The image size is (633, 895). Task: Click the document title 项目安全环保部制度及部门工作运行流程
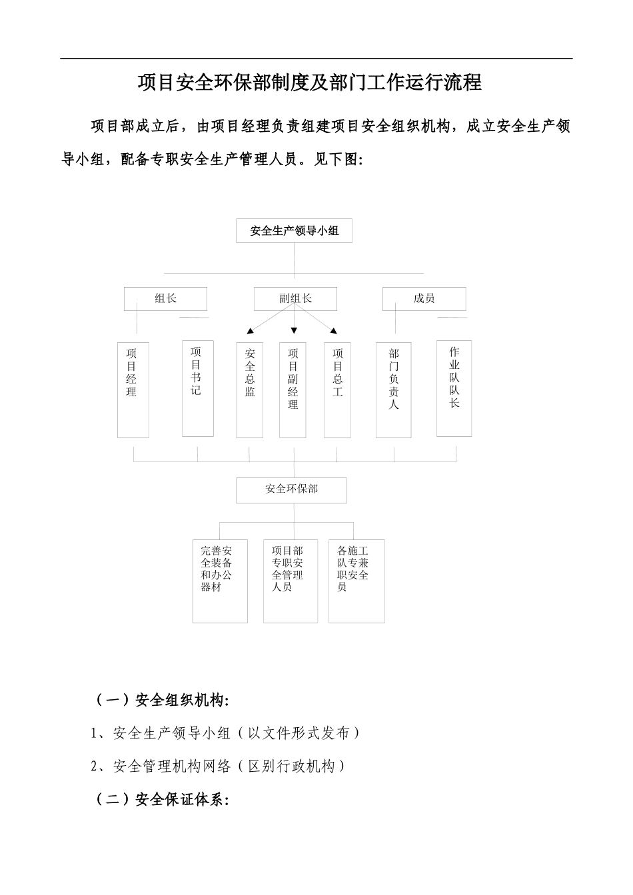[x=309, y=83]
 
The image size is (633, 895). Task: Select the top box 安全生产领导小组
[x=294, y=231]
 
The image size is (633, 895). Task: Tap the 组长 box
[x=165, y=299]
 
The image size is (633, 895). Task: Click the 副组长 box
[x=295, y=299]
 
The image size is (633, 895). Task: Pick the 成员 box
[x=424, y=299]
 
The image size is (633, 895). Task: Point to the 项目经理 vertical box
[x=133, y=390]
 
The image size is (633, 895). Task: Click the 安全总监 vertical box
[x=250, y=390]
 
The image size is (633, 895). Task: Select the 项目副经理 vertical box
[x=293, y=390]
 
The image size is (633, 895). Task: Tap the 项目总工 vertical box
[x=337, y=390]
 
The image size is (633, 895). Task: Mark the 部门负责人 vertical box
[x=393, y=390]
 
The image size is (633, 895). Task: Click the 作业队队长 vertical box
[x=454, y=388]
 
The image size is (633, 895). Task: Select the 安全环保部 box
[x=291, y=489]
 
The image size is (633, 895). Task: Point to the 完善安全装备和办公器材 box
[x=220, y=581]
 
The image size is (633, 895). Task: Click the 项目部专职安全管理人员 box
[x=290, y=581]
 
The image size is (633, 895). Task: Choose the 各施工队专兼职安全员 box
[x=356, y=581]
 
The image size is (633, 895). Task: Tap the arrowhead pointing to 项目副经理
[x=294, y=330]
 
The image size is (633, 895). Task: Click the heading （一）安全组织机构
[x=161, y=701]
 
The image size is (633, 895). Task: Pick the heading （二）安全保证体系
[x=161, y=800]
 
